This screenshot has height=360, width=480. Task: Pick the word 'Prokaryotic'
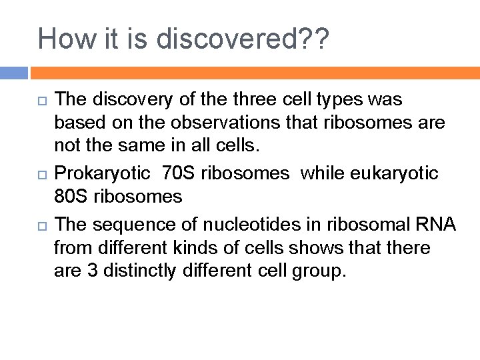pos(102,174)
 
